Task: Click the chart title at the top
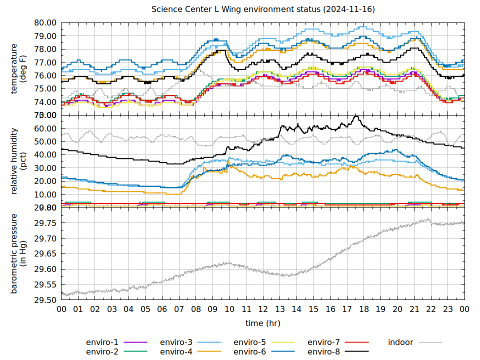pos(263,9)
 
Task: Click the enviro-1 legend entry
pos(102,342)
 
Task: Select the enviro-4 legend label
pos(176,351)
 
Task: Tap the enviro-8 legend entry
pos(323,351)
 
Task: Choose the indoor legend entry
pos(400,342)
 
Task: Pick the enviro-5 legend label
pos(250,342)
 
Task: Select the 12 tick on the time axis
pos(263,309)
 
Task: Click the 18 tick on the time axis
pos(364,309)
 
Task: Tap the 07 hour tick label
pos(179,309)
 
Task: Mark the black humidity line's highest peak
pos(356,116)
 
